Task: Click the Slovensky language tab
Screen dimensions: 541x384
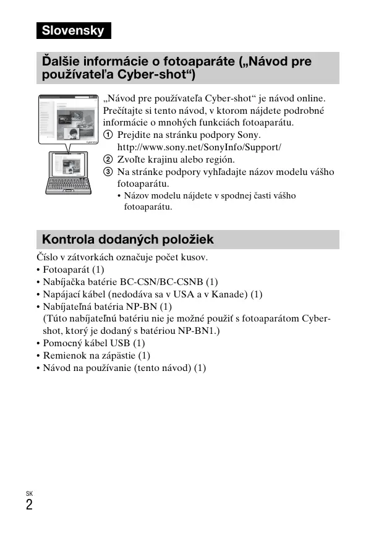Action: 73,31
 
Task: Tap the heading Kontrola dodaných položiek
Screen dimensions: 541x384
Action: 127,239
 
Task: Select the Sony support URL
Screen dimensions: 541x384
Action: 199,147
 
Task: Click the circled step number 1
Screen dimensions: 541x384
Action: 108,135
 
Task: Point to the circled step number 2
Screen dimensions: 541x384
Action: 108,160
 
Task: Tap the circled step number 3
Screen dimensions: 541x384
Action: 108,172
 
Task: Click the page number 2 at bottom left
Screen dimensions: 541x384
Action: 29,505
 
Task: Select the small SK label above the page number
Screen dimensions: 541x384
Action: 29,493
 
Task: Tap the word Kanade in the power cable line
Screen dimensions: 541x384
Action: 231,294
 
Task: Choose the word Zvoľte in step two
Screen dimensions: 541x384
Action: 132,160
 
